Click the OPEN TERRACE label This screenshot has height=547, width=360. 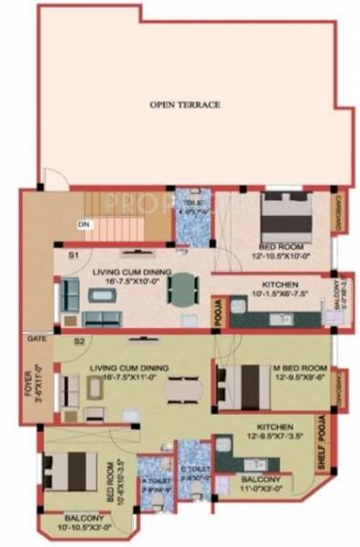tap(185, 105)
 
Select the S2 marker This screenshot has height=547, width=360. tap(79, 341)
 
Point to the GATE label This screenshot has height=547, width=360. tap(36, 337)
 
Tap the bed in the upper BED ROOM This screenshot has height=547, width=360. tap(284, 216)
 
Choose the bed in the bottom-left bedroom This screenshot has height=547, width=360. tap(66, 469)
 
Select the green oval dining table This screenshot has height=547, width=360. tap(185, 290)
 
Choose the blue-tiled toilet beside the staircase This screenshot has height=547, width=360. tap(192, 216)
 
